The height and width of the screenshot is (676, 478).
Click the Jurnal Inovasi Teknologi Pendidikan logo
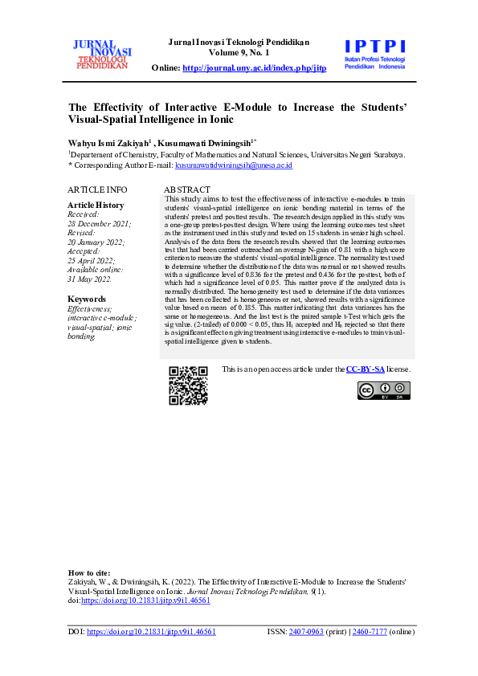point(103,54)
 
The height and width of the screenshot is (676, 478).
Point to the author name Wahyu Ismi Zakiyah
point(108,141)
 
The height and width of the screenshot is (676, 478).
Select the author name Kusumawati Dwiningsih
point(209,141)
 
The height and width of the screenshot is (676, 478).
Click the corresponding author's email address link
point(233,165)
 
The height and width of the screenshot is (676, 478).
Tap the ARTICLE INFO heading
point(97,189)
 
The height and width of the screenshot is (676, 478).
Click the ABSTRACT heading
point(187,189)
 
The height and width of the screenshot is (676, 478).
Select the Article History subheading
point(96,206)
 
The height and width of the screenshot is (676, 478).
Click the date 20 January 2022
point(95,242)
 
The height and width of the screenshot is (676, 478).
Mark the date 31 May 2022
point(89,279)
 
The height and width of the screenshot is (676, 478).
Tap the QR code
point(188,385)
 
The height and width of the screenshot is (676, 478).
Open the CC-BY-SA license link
point(366,369)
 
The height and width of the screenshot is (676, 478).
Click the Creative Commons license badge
point(385,390)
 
